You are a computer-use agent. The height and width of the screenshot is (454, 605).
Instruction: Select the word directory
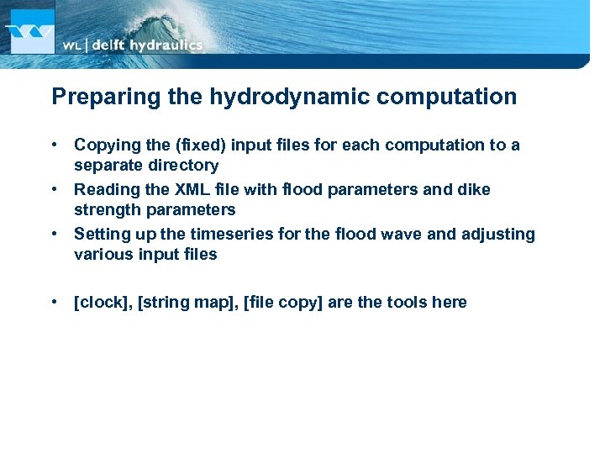pyautogui.click(x=179, y=166)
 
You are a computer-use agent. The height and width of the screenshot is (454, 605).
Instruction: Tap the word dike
pyautogui.click(x=474, y=190)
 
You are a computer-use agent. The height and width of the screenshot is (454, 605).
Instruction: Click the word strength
pyautogui.click(x=104, y=210)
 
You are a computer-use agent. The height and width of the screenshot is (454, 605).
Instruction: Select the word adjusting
pyautogui.click(x=498, y=235)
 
